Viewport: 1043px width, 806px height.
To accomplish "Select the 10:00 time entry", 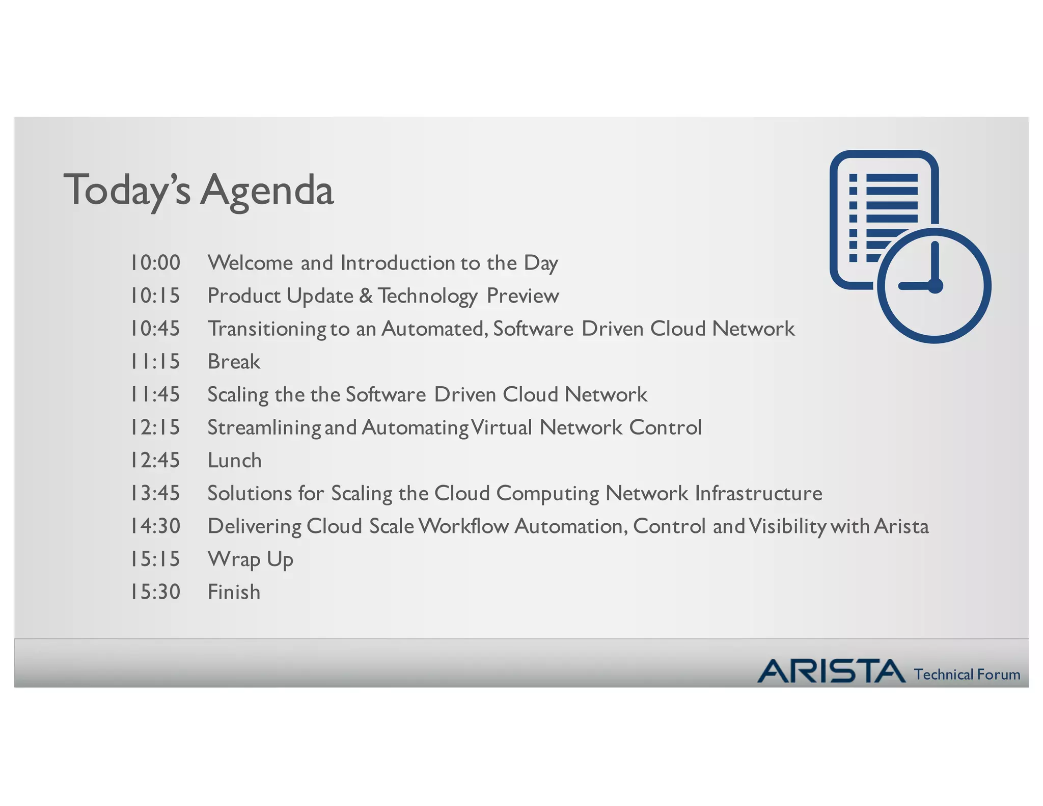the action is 155,263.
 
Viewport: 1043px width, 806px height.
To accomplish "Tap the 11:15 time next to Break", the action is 155,362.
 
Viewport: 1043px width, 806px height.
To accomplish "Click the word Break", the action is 234,362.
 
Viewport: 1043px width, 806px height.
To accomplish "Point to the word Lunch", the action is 234,461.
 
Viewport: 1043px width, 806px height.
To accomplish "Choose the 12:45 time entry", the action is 155,461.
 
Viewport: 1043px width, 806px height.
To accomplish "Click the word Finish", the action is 234,592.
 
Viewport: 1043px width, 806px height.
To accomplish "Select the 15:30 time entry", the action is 155,592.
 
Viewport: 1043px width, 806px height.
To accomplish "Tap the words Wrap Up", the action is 250,559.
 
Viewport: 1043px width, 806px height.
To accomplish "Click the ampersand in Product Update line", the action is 366,296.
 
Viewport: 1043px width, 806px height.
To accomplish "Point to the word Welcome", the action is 250,263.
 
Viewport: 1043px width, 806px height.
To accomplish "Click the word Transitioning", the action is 266,329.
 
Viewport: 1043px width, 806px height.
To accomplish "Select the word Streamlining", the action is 263,427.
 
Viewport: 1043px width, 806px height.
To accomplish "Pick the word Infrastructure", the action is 758,493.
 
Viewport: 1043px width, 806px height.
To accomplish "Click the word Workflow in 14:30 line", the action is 463,526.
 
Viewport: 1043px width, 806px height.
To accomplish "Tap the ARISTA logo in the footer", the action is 831,671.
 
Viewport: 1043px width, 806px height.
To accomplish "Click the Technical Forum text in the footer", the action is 967,675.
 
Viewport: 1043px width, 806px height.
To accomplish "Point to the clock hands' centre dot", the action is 936,286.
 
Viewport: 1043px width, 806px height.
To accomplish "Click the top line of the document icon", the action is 892,178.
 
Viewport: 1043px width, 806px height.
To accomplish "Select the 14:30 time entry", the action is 155,526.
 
